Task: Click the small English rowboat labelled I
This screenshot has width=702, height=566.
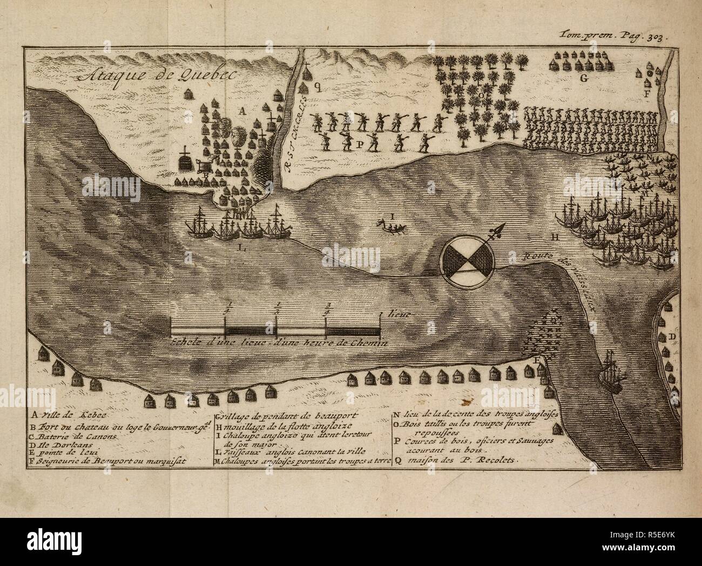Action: (x=390, y=223)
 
